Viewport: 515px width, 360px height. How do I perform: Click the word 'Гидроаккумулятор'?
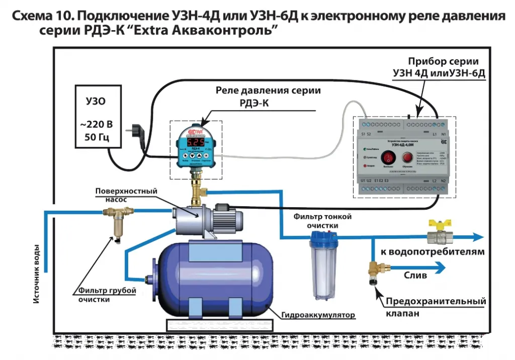318,315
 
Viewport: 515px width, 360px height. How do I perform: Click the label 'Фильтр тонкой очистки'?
322,221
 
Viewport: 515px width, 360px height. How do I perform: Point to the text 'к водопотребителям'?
432,251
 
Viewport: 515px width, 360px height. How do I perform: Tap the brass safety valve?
374,272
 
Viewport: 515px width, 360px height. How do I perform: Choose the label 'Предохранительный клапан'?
436,307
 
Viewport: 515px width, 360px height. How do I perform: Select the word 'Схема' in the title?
32,17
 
